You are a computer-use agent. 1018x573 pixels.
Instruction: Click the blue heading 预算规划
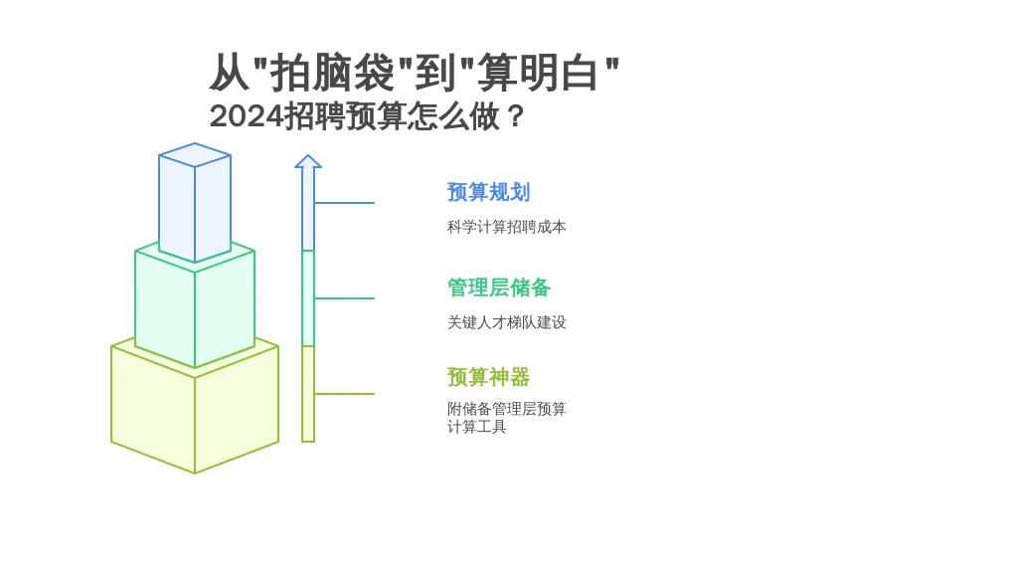coord(488,192)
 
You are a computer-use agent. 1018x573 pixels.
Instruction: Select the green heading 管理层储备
coord(499,287)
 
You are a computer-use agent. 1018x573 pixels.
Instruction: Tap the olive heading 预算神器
coord(488,377)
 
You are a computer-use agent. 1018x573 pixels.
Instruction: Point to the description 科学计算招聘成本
coord(506,227)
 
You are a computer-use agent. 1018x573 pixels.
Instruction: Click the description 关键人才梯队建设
coord(506,322)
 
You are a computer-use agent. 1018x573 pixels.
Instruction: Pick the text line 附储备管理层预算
coord(506,409)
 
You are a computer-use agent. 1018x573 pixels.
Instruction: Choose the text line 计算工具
coord(476,426)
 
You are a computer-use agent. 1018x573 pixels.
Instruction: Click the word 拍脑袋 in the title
coord(332,72)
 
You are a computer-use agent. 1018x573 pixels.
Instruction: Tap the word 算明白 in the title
coord(537,72)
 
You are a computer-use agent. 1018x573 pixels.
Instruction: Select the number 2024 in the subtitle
coord(247,117)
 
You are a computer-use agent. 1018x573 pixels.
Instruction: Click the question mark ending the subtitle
coord(516,117)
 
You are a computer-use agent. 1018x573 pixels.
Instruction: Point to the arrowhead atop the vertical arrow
coord(308,161)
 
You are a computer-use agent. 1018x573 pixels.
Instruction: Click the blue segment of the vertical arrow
coord(308,209)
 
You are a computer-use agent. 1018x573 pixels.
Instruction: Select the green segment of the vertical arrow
coord(308,298)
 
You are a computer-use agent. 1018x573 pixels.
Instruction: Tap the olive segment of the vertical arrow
coord(308,394)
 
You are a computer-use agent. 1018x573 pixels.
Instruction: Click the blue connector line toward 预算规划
coord(344,203)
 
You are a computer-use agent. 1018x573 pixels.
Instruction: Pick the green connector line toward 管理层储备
coord(344,298)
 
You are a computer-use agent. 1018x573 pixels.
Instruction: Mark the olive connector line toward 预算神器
coord(344,394)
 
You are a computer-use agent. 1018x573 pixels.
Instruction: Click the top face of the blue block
coord(195,154)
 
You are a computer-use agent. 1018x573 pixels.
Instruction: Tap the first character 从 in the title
coord(230,72)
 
